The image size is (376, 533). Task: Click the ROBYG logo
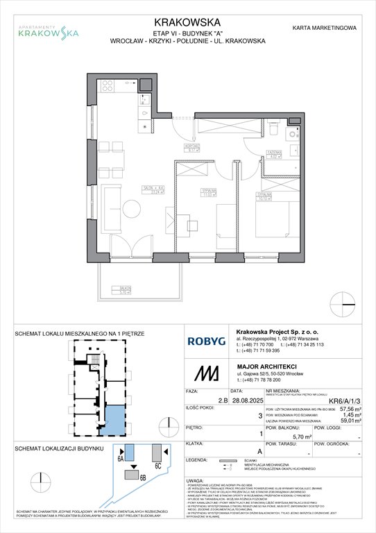207,341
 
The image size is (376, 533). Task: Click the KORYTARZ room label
192,146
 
